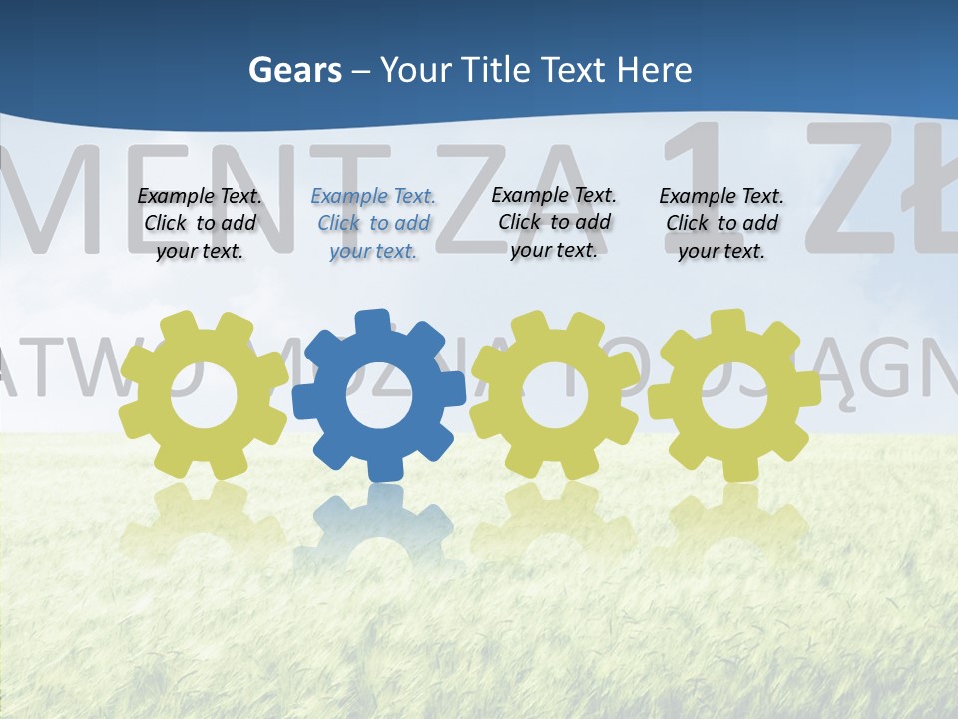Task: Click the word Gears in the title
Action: (x=295, y=70)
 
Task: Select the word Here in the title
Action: (x=654, y=70)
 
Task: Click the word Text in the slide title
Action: (x=574, y=70)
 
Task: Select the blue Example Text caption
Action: (x=373, y=224)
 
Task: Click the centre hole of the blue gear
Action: (x=379, y=395)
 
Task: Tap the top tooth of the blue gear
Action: (x=372, y=322)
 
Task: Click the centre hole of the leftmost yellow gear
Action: (x=204, y=395)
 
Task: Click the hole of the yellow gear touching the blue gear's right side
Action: (x=554, y=393)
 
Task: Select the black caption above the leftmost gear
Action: (x=200, y=224)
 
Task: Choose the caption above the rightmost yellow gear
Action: (x=721, y=224)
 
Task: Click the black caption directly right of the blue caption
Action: (x=554, y=222)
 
